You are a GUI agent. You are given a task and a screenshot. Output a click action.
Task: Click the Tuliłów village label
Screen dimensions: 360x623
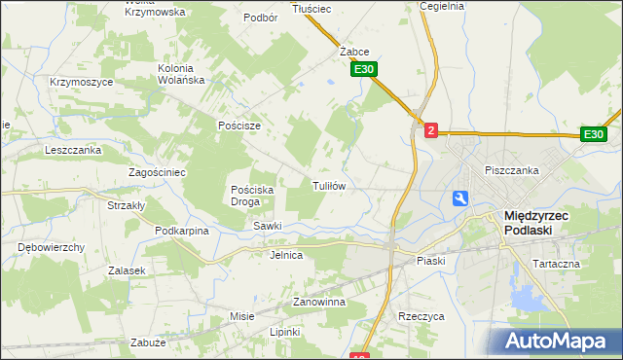[329, 185]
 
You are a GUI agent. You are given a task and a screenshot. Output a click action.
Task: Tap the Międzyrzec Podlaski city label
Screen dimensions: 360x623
[542, 224]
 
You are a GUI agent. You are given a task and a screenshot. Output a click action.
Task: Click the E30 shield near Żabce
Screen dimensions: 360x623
[364, 70]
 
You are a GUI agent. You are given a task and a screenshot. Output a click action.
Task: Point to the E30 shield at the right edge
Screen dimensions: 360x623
[595, 134]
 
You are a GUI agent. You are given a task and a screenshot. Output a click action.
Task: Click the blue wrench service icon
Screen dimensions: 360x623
[460, 198]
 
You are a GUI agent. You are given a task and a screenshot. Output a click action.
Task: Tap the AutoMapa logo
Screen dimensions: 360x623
[558, 342]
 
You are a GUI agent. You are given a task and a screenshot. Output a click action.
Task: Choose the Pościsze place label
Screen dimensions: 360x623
[239, 126]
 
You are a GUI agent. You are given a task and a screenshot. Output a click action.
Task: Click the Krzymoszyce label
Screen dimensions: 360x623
[82, 82]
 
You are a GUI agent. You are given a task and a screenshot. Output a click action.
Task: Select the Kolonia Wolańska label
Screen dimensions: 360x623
[190, 75]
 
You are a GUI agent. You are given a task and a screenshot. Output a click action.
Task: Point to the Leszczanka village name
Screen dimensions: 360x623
[73, 150]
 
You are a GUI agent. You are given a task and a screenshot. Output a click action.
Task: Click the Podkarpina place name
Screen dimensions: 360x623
[182, 231]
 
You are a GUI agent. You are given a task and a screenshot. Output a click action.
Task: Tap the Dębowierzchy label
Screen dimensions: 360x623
[52, 247]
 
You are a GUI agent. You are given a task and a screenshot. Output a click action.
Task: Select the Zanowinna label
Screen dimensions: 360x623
[319, 303]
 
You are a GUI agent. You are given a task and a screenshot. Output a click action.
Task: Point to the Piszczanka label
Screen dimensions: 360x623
[512, 170]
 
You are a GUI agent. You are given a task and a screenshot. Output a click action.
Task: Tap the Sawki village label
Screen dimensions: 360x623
[268, 226]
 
